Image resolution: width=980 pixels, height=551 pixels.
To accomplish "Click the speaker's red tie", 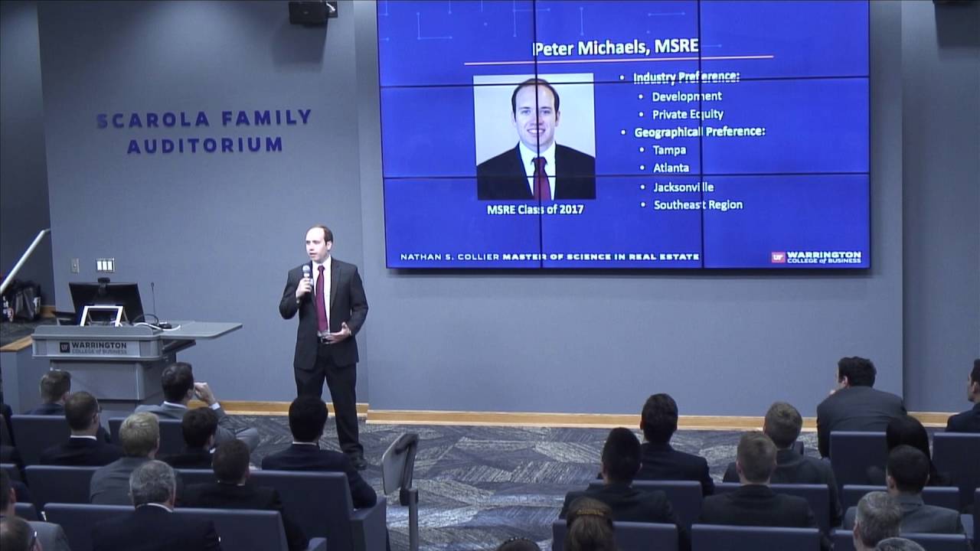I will (321, 298).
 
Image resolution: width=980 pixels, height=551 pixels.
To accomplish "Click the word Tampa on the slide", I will (669, 150).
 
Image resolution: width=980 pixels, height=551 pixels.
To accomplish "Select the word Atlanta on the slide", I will (671, 168).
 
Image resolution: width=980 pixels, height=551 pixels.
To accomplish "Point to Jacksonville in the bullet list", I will (683, 187).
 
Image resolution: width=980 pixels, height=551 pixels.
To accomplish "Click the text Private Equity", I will (688, 114).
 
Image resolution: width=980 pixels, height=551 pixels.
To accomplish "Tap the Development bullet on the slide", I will (687, 96).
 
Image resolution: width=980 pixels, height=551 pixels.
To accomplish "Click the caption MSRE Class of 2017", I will (535, 209).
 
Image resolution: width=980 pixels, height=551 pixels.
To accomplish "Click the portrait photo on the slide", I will (535, 138).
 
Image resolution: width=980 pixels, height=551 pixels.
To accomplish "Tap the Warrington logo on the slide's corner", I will (816, 257).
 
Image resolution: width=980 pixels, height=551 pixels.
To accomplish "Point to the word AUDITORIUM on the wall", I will (204, 145).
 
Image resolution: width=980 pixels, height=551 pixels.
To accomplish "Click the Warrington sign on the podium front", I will (94, 347).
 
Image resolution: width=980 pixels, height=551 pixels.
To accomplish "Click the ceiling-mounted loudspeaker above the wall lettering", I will (309, 11).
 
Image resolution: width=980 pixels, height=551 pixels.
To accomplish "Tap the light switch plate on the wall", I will (105, 265).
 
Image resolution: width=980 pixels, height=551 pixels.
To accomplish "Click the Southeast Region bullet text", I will (697, 205).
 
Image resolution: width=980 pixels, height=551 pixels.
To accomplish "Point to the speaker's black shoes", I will (358, 461).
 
